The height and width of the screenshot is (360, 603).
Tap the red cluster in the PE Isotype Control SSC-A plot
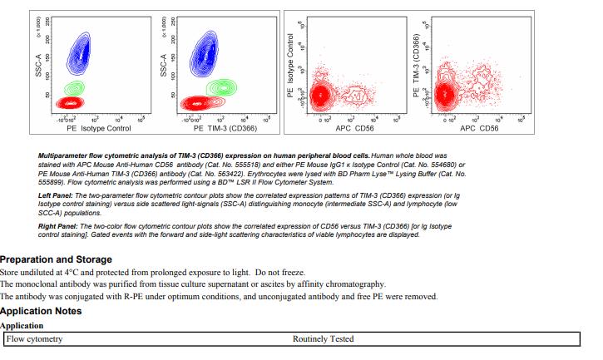pyautogui.click(x=70, y=102)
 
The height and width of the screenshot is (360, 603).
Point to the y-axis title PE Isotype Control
pyautogui.click(x=290, y=67)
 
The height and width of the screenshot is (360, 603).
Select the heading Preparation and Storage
pyautogui.click(x=56, y=259)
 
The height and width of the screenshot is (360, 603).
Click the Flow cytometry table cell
pyautogui.click(x=34, y=339)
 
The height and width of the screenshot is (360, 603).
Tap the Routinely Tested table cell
pyautogui.click(x=323, y=339)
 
